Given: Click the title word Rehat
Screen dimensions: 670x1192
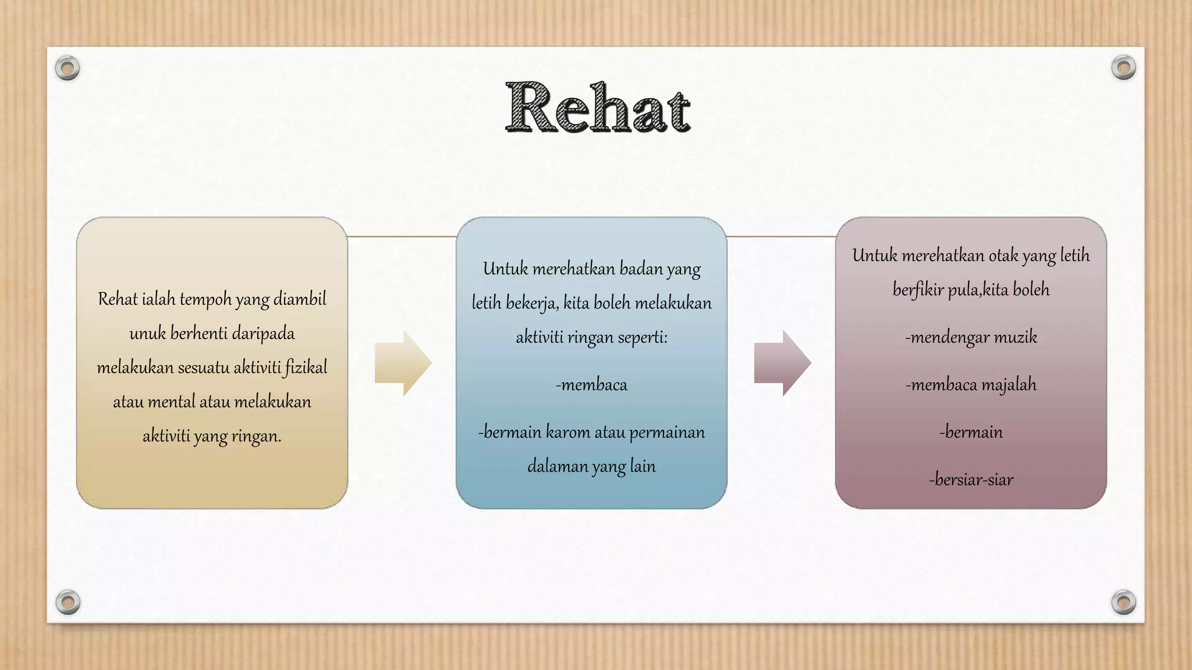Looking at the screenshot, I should point(598,108).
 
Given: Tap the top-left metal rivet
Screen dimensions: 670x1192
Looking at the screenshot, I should point(67,68).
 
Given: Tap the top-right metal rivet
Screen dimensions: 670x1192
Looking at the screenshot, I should point(1123,67).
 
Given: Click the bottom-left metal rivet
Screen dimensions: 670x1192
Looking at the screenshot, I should point(68,602).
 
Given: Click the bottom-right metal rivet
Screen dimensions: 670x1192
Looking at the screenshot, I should point(1123,602).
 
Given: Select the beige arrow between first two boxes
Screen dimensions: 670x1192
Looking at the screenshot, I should point(403,363).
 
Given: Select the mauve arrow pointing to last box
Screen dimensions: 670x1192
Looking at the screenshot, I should point(782,363).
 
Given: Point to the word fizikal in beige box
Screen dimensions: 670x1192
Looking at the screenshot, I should point(306,368).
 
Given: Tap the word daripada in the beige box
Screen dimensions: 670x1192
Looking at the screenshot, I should point(263,333).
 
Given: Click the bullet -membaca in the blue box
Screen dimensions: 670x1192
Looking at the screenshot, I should point(591,385).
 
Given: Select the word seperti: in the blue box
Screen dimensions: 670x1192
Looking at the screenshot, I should point(642,337).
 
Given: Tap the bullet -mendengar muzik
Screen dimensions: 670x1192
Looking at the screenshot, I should point(971,337).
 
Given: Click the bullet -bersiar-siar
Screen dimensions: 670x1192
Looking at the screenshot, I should point(971,480).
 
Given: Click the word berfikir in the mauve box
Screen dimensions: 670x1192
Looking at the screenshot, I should point(918,290).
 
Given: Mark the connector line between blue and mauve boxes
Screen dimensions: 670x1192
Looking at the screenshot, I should point(781,237).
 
